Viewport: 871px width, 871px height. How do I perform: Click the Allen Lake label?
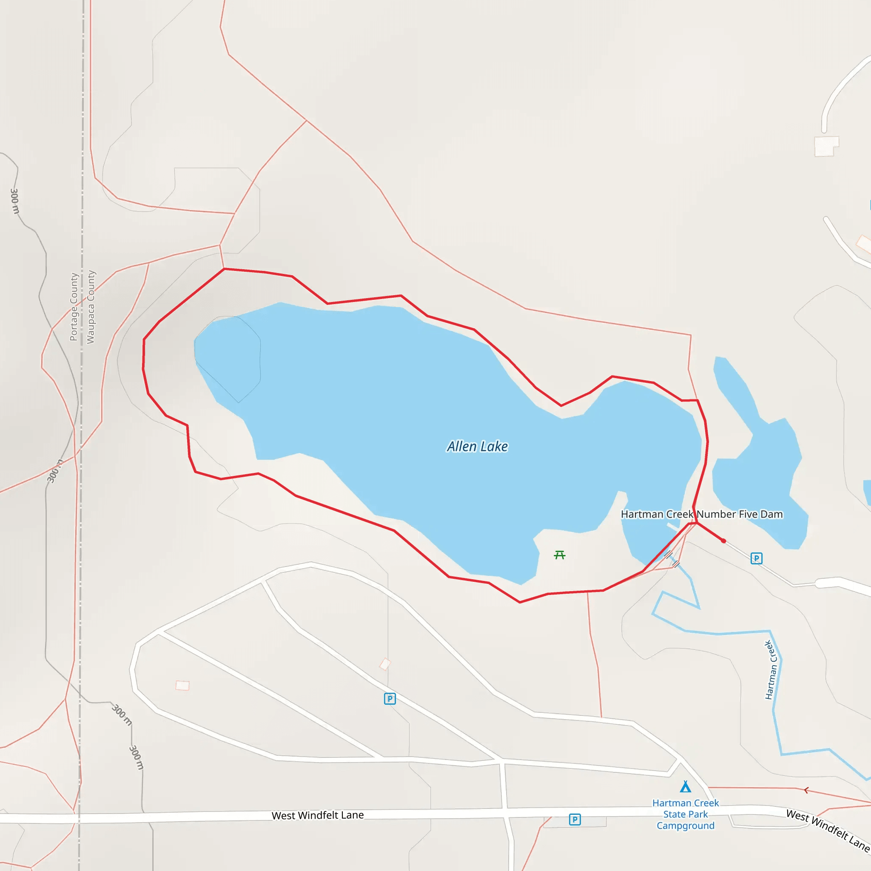(x=477, y=446)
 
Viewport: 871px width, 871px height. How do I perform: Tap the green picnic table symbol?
(x=560, y=555)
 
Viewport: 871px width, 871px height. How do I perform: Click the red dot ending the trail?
(x=723, y=541)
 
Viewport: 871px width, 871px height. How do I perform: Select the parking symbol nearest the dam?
(x=756, y=558)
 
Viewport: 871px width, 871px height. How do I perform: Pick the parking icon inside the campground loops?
(x=390, y=699)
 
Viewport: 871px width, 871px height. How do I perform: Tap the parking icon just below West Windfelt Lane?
(x=574, y=819)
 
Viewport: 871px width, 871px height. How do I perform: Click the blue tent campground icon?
(x=685, y=787)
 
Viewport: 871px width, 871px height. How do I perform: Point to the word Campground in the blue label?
(x=685, y=825)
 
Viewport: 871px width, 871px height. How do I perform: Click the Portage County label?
(x=74, y=307)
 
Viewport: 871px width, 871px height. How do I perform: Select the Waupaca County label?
(x=91, y=307)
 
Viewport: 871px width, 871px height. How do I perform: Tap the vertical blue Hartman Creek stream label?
(x=771, y=670)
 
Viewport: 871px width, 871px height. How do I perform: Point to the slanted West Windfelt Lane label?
(x=827, y=830)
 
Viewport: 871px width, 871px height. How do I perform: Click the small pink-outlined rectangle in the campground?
(x=182, y=685)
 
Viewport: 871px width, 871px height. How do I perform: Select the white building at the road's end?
(x=826, y=146)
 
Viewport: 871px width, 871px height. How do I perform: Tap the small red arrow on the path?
(x=806, y=790)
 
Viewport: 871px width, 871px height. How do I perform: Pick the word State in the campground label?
(x=674, y=814)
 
